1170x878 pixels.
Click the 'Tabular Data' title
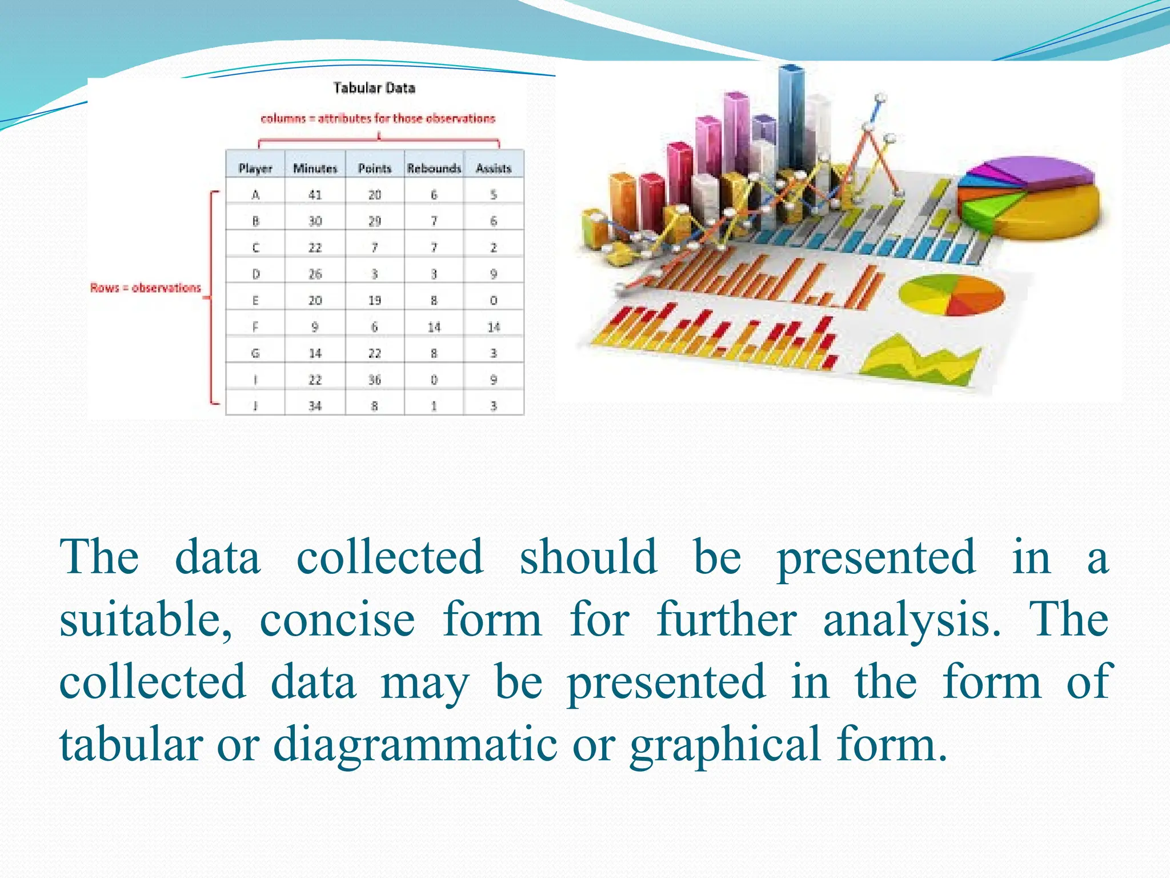[374, 88]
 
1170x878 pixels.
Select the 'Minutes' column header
[315, 168]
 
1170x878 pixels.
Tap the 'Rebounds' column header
[434, 168]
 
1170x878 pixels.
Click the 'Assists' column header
[494, 168]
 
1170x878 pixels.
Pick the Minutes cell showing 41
[315, 194]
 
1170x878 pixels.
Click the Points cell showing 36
[374, 380]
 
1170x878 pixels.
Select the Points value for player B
[374, 221]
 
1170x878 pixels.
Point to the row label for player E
[255, 300]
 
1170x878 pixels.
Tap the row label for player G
[255, 353]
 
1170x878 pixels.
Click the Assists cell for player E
[494, 300]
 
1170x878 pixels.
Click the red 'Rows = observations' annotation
[146, 288]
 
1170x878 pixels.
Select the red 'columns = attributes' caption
[378, 118]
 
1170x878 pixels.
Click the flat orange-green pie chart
[951, 295]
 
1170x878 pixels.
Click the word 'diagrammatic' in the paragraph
[415, 744]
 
